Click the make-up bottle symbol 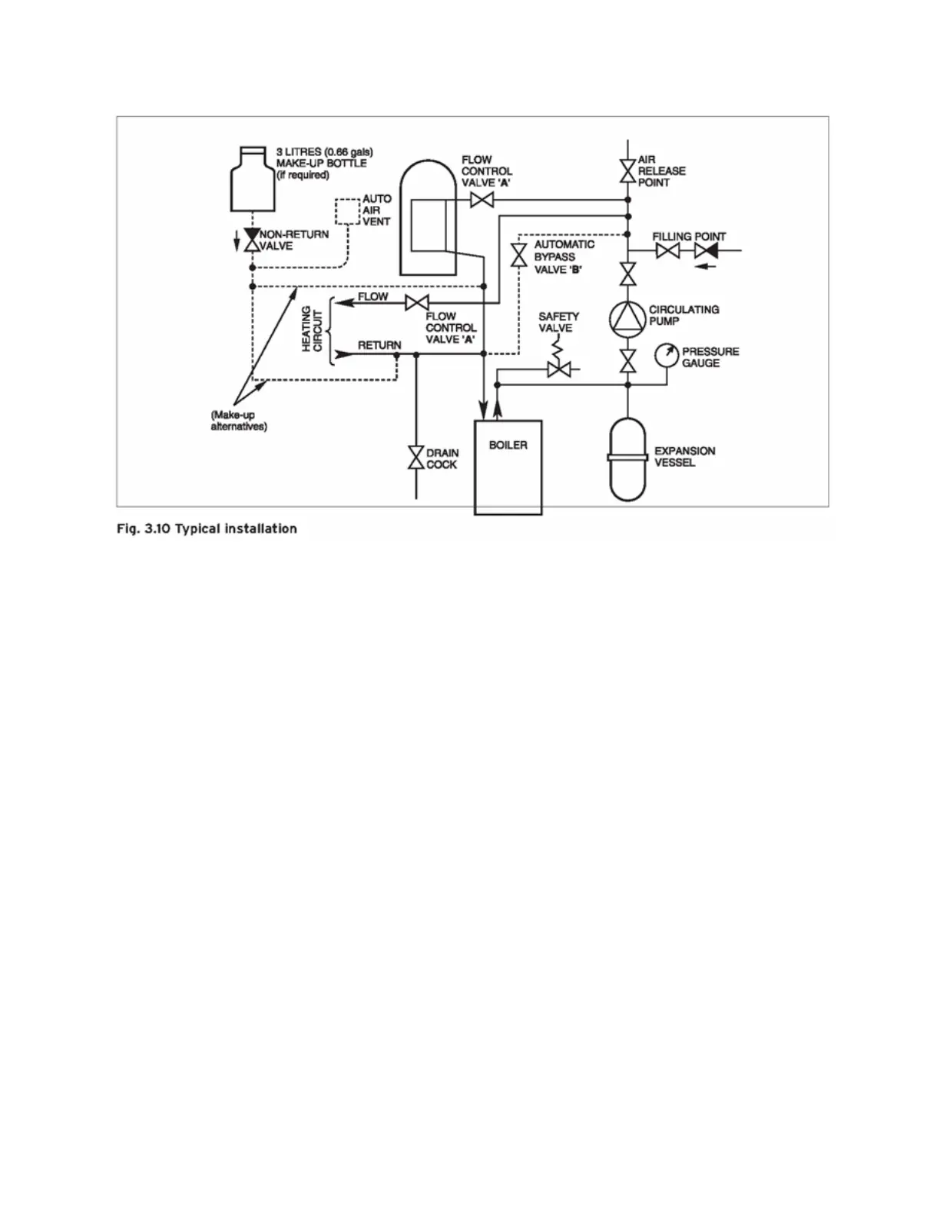pos(253,180)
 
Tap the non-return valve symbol pos(251,240)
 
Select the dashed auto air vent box pos(347,211)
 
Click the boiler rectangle pos(508,467)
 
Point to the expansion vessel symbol pos(628,459)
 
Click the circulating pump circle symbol pos(628,317)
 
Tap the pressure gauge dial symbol pos(667,355)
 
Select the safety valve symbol pos(558,369)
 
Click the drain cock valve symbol pos(415,458)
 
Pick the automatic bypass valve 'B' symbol pos(519,255)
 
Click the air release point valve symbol pos(627,171)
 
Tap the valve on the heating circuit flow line pos(416,303)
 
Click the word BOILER pos(508,445)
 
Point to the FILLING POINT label pos(689,237)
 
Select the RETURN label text pos(379,345)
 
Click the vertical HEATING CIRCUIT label pos(312,329)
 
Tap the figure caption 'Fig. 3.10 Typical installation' pos(207,529)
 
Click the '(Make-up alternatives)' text pos(239,420)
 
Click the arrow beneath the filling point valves pos(706,267)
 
